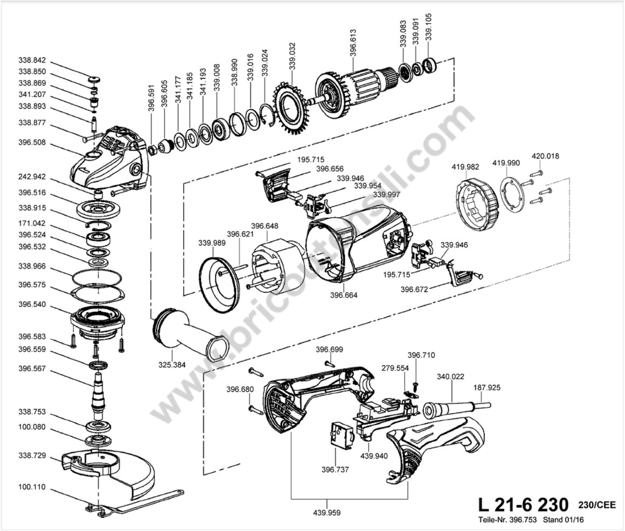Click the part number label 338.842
(32, 60)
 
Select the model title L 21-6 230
(523, 504)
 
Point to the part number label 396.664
(344, 295)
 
